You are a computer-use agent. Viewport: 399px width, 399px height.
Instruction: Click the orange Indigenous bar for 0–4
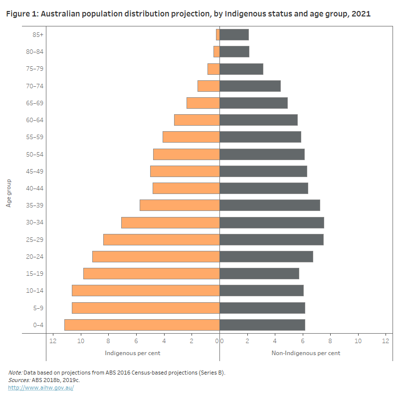point(142,325)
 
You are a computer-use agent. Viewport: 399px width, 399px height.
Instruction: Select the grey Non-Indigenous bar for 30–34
point(272,222)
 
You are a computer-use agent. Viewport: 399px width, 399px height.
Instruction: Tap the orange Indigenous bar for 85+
point(218,34)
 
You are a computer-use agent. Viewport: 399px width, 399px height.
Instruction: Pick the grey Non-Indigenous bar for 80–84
point(234,52)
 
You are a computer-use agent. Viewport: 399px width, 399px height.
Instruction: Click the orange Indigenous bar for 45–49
point(185,171)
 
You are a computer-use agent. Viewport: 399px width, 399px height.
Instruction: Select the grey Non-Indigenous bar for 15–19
point(259,273)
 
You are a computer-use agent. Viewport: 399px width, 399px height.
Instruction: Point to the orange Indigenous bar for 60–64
point(197,120)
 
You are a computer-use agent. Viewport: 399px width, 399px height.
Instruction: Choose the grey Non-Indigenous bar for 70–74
point(250,86)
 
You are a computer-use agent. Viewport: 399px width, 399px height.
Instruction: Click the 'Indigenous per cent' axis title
point(132,353)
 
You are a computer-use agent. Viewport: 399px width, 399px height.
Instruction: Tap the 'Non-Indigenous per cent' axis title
point(306,353)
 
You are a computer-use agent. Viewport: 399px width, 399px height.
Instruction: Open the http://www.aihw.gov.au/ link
point(41,388)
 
